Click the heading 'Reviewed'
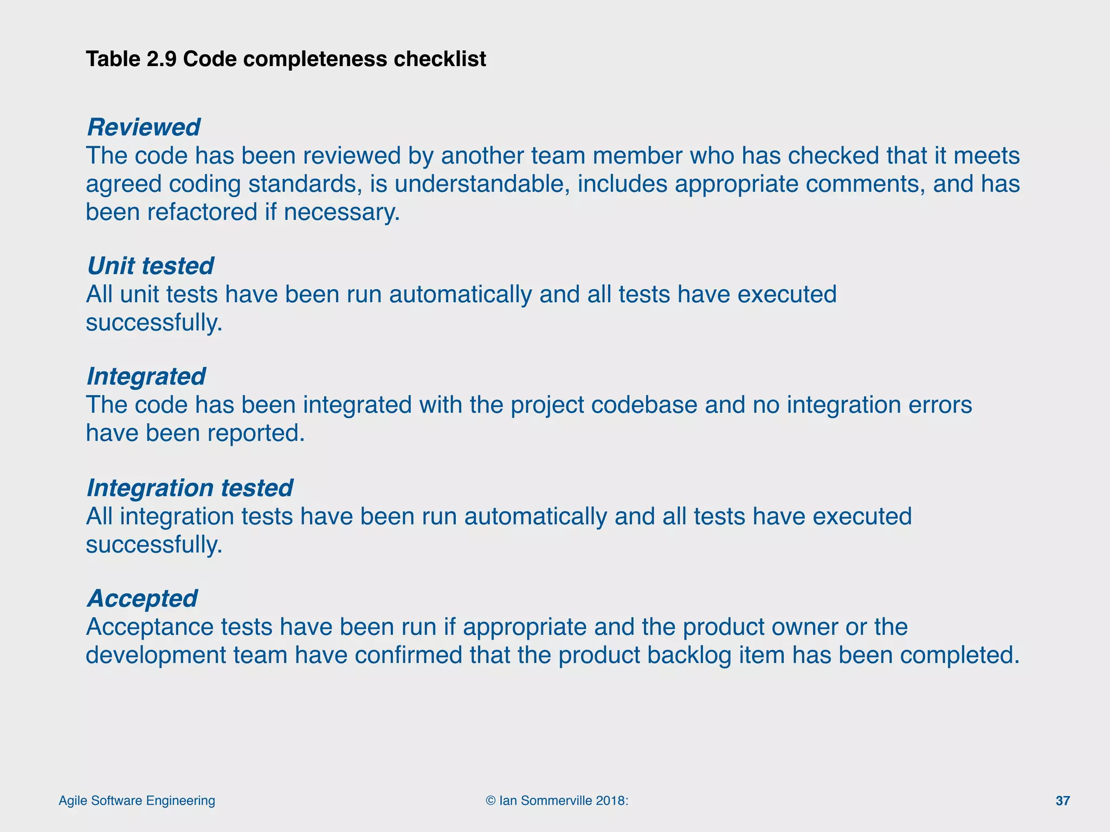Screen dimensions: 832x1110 143,128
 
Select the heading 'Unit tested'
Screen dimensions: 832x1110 150,266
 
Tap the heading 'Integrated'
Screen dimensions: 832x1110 146,377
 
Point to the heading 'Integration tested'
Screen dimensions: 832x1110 190,489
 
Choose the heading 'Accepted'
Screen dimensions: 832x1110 142,599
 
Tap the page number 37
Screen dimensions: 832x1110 1062,801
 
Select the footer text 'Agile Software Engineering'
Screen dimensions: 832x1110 137,801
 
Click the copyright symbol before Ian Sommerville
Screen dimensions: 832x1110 491,801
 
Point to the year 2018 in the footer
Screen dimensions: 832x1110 610,801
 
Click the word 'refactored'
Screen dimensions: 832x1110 202,212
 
